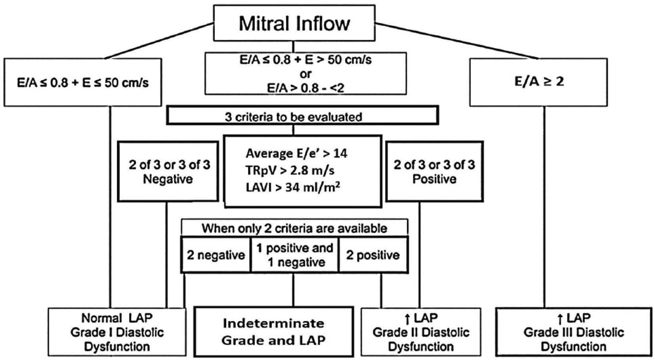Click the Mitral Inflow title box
coord(294,23)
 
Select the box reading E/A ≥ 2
coord(539,82)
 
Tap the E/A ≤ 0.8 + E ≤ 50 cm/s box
coord(83,82)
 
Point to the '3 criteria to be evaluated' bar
coord(303,115)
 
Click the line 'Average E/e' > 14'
coord(296,153)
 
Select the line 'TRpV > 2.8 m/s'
coord(290,170)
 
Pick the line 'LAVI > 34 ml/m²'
coord(293,187)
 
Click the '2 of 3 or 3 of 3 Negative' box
coord(168,172)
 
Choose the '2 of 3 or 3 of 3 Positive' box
coord(434,172)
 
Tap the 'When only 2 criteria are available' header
coord(294,228)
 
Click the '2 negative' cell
coord(216,255)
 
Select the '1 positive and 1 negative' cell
coord(295,255)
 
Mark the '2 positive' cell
coord(373,255)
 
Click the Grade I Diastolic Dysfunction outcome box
coord(117,332)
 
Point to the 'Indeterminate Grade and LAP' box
coord(274,332)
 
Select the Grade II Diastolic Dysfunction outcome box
coord(421,332)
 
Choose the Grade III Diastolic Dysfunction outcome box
coord(574,332)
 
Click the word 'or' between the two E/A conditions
coord(305,74)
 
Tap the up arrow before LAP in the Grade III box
coord(560,319)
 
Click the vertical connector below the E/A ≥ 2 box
coord(544,207)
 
